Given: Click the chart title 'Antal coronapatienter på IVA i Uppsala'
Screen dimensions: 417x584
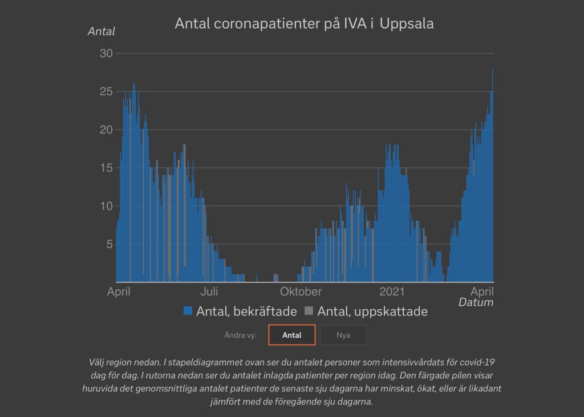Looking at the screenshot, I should coord(304,24).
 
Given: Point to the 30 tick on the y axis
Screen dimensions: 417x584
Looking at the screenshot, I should coord(107,53).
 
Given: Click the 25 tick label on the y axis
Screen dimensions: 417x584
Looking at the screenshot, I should coord(107,91).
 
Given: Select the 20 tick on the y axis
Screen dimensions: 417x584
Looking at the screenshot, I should coord(107,129).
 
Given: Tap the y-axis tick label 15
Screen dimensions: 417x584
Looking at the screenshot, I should coord(107,168).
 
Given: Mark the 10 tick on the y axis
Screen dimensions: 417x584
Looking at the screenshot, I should coord(107,206).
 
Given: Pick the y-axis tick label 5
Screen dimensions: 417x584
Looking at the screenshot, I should coord(109,244).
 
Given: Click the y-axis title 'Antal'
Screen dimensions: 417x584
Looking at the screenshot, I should coord(101,31).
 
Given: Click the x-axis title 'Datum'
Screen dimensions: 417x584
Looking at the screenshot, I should coord(476,302).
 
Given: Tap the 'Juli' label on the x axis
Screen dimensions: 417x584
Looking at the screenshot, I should coord(209,292).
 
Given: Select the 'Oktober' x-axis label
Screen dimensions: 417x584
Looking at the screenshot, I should coord(301,292).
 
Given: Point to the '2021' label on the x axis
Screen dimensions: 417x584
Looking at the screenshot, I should coord(392,292).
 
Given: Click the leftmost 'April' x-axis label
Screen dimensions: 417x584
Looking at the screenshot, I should coord(119,292).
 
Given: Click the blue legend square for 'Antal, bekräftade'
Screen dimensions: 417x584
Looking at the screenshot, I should coord(188,311).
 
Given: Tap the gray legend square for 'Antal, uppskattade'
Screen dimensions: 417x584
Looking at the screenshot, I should coord(309,311).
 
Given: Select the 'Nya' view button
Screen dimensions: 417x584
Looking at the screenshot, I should coord(343,335).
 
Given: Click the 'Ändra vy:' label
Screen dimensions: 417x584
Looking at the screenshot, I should coord(240,335).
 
